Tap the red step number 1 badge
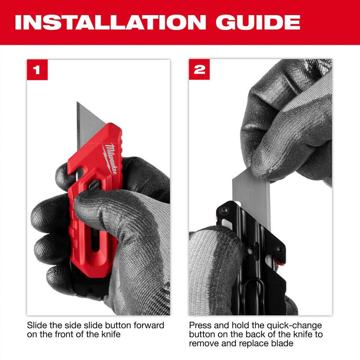point(37,69)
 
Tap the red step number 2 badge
point(199,69)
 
